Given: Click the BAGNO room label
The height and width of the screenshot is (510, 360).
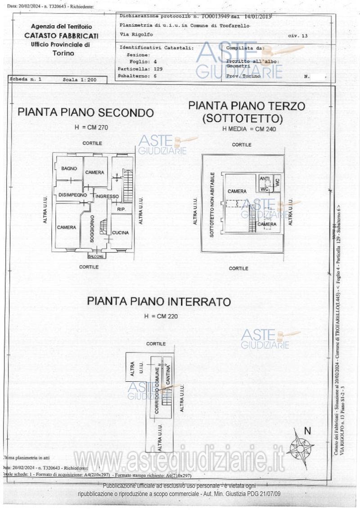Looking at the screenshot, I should coord(69,168).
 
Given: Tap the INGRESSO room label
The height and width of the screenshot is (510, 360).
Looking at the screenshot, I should coord(107,196).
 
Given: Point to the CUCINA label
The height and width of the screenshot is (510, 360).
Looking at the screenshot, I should coord(121,233).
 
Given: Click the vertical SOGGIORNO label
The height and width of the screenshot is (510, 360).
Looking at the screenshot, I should coord(92,229).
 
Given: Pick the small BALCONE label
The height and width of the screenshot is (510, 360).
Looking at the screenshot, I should coord(96,257).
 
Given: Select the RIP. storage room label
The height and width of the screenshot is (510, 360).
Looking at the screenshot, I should coord(121,210).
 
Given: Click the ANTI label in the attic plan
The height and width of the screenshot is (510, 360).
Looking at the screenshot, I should coord(265,179).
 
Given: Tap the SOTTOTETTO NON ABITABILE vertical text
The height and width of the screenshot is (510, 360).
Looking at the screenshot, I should coord(212,205).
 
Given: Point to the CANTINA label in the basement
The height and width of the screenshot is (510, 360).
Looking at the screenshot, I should coord(168,375).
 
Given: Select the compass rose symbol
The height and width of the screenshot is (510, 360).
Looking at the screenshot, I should coord(300,448).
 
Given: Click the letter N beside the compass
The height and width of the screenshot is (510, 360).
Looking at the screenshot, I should coord(308,431).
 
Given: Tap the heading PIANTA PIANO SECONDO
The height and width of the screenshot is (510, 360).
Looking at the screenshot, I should coord(85,113).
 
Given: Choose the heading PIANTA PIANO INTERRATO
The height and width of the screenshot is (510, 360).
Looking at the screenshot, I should coord(159,301).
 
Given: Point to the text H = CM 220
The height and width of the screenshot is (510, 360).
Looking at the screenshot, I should coord(161,316).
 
